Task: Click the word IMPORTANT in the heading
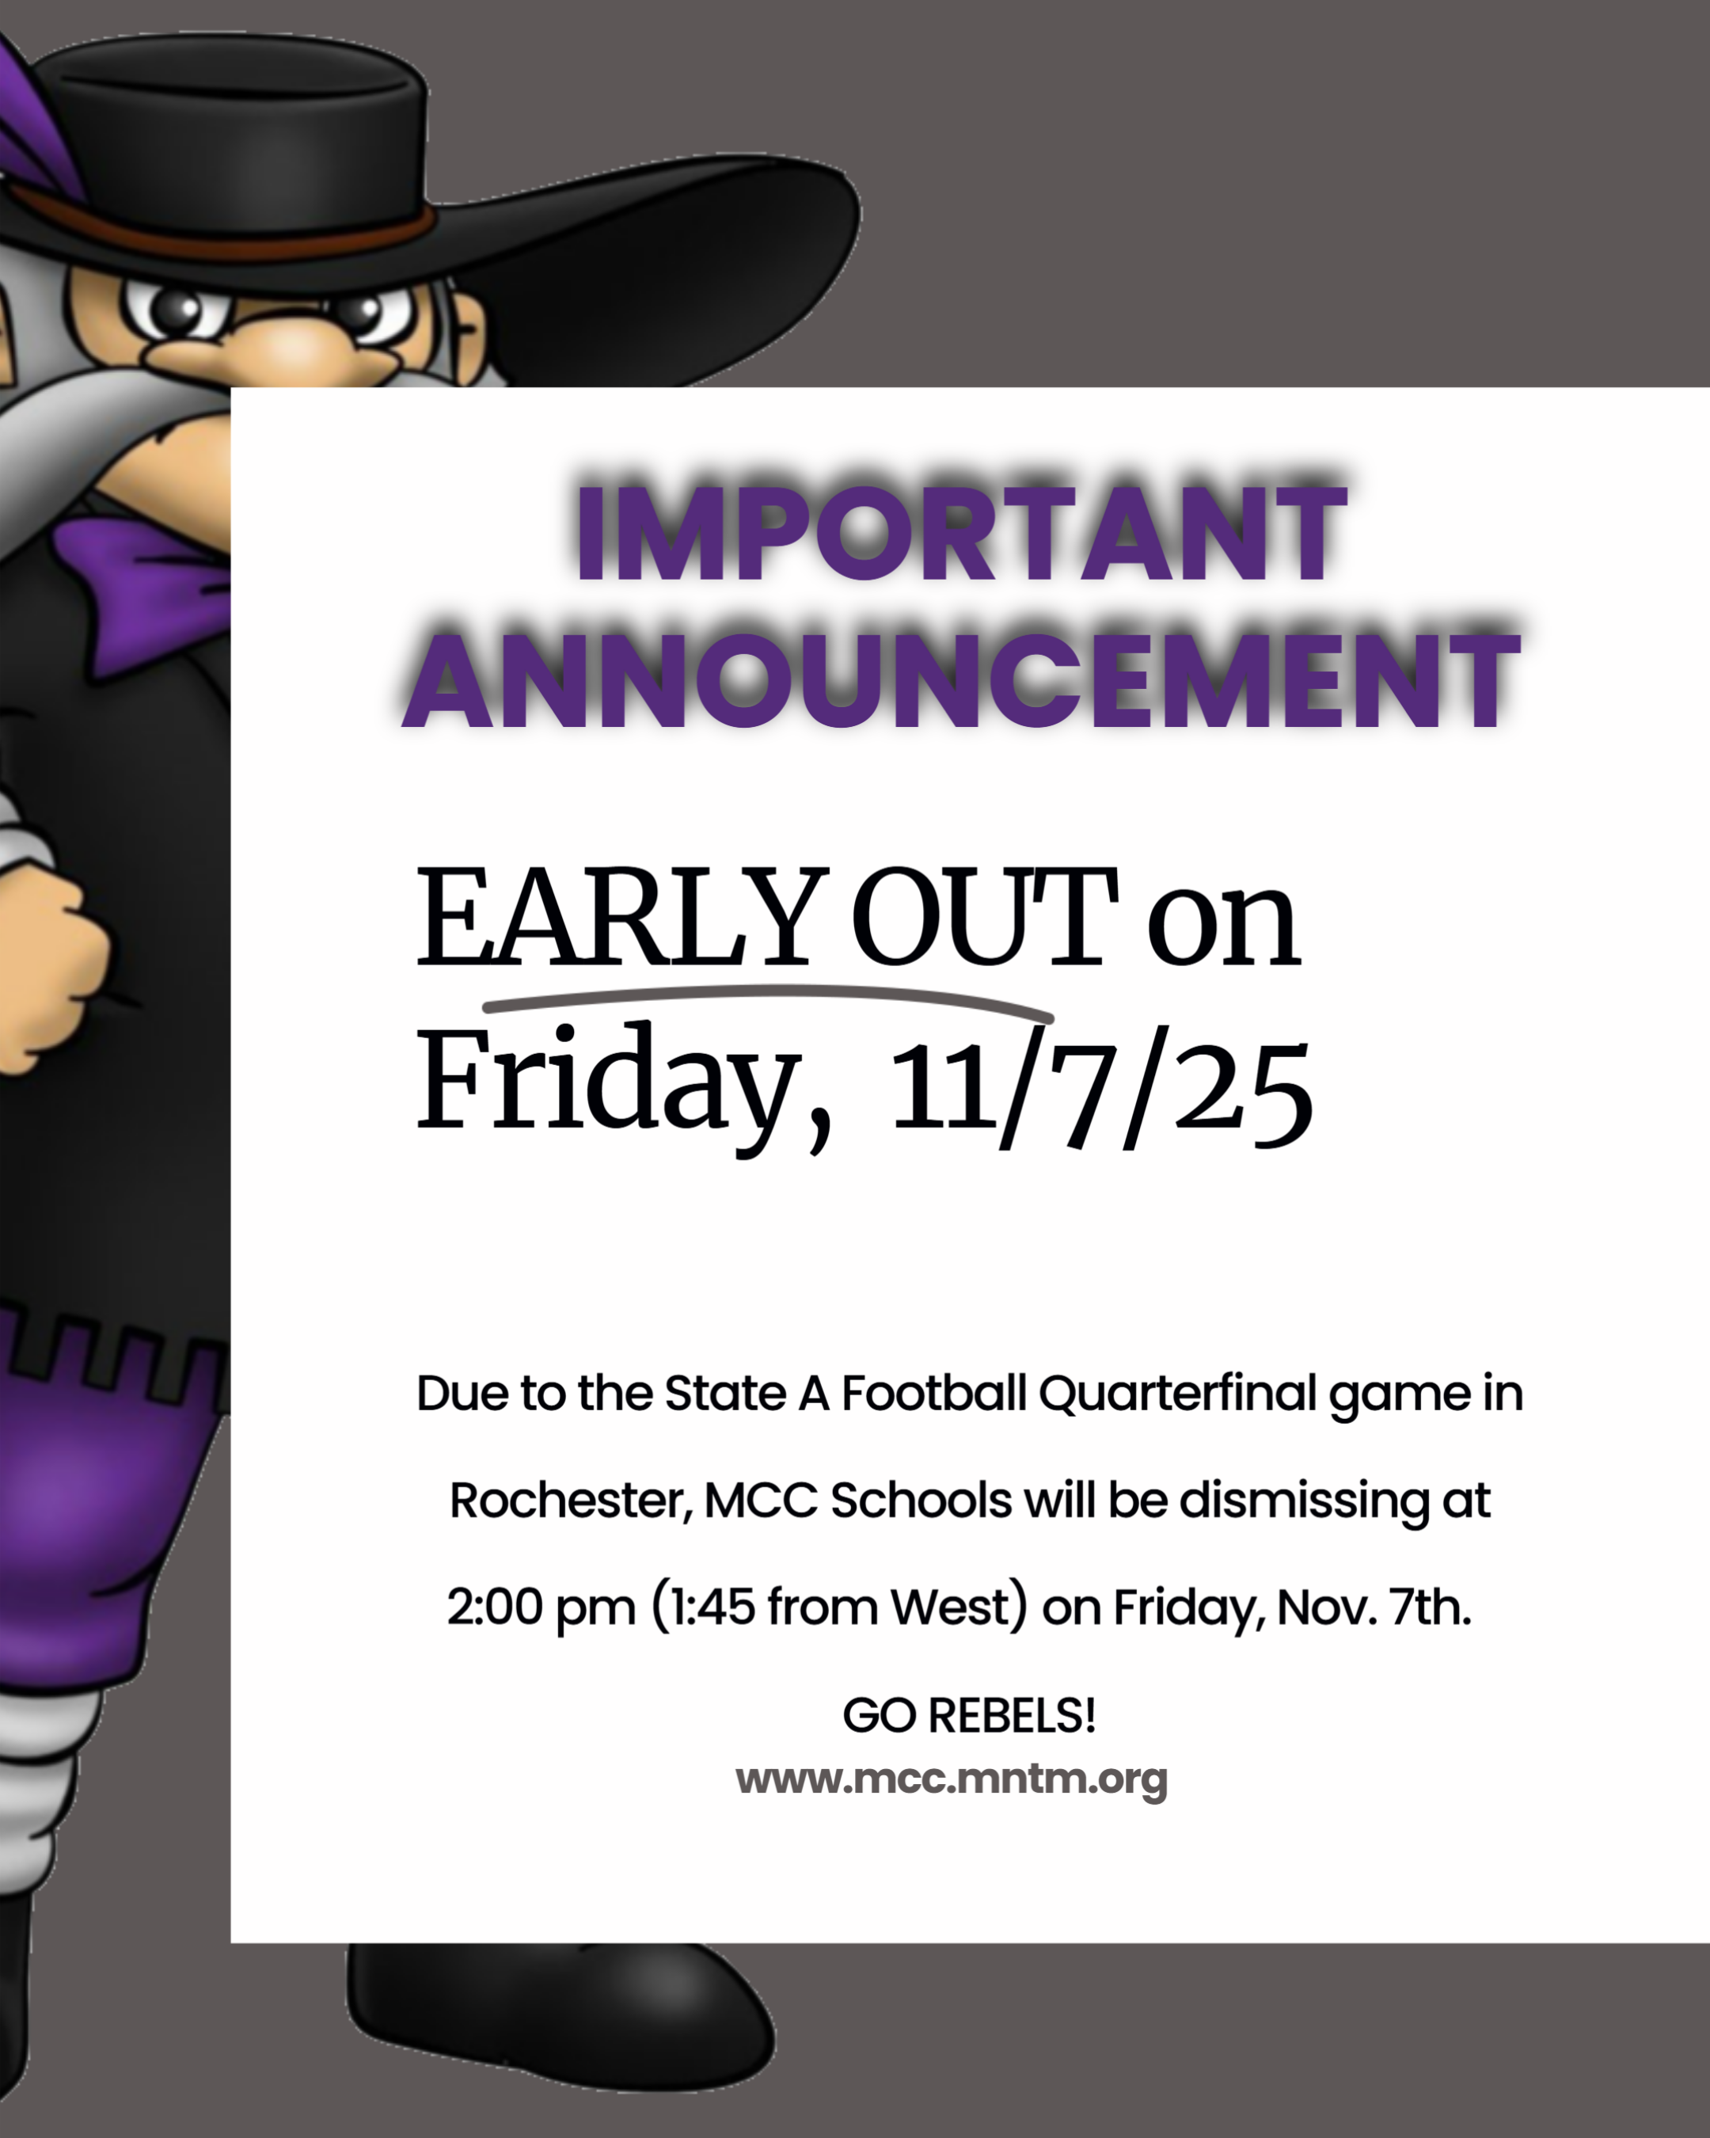(x=962, y=534)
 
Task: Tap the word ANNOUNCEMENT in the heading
(x=962, y=680)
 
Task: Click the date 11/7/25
(x=1102, y=1091)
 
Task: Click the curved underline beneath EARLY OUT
(x=768, y=995)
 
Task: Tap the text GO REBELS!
(x=970, y=1714)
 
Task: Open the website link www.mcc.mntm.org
(x=952, y=1778)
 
